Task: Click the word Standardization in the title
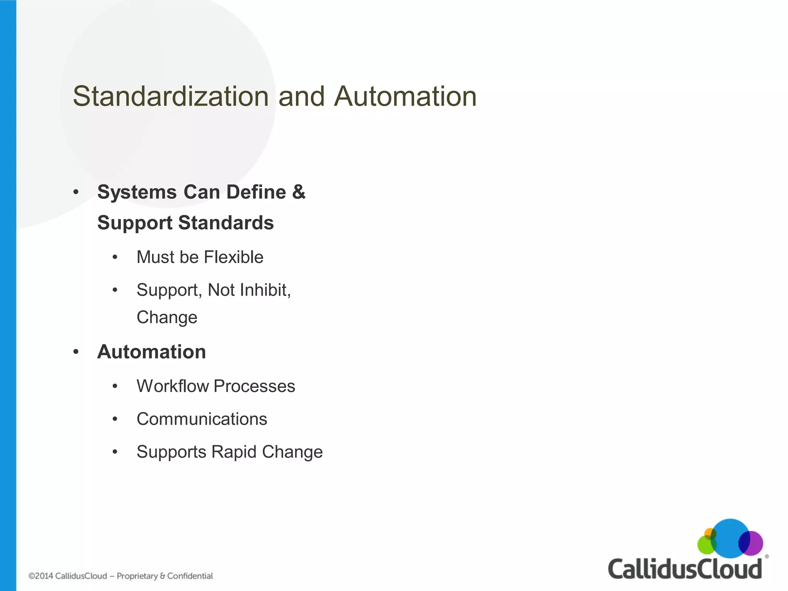tap(170, 96)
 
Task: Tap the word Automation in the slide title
tap(405, 96)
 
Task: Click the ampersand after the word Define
tap(299, 192)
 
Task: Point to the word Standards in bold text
tap(226, 223)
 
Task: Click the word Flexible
tap(234, 257)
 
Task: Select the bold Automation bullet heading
tap(152, 352)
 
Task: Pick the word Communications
tap(202, 419)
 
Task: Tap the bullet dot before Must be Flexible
tap(115, 257)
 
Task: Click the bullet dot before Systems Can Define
tap(76, 192)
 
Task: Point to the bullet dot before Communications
tap(115, 419)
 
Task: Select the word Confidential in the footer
tap(190, 576)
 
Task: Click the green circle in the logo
tap(705, 546)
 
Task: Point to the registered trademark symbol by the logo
tap(766, 556)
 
